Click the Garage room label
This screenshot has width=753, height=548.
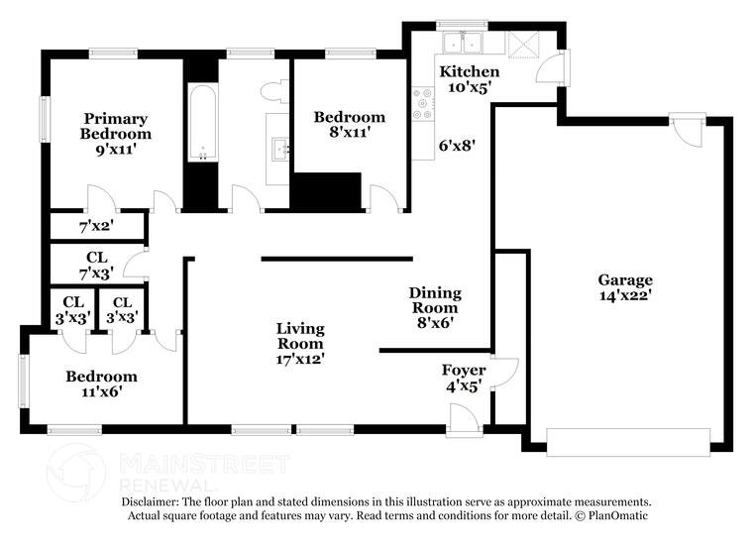click(625, 279)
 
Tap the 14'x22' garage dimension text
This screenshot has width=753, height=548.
click(625, 295)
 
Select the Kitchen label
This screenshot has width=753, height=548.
click(470, 71)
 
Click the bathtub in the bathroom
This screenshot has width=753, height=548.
click(201, 122)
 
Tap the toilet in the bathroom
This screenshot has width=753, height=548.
click(273, 91)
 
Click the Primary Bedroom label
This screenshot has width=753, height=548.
click(115, 126)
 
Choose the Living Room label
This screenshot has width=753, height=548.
click(300, 336)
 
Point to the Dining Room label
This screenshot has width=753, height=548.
click(436, 300)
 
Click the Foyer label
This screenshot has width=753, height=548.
click(464, 371)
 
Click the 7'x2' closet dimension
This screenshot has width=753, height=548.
click(96, 226)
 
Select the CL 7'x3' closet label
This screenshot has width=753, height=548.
click(96, 265)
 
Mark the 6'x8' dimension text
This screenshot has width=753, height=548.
click(458, 145)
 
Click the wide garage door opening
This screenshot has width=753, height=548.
click(629, 441)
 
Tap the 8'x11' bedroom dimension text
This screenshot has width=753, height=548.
click(349, 132)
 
